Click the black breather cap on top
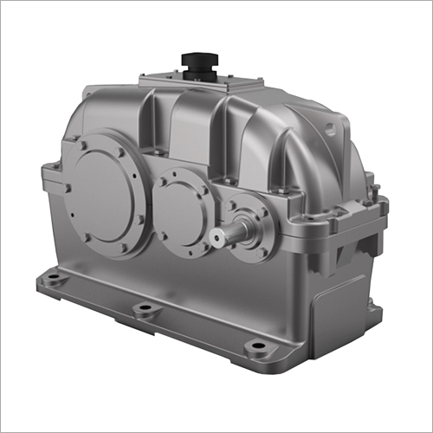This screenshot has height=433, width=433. click(x=198, y=62)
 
